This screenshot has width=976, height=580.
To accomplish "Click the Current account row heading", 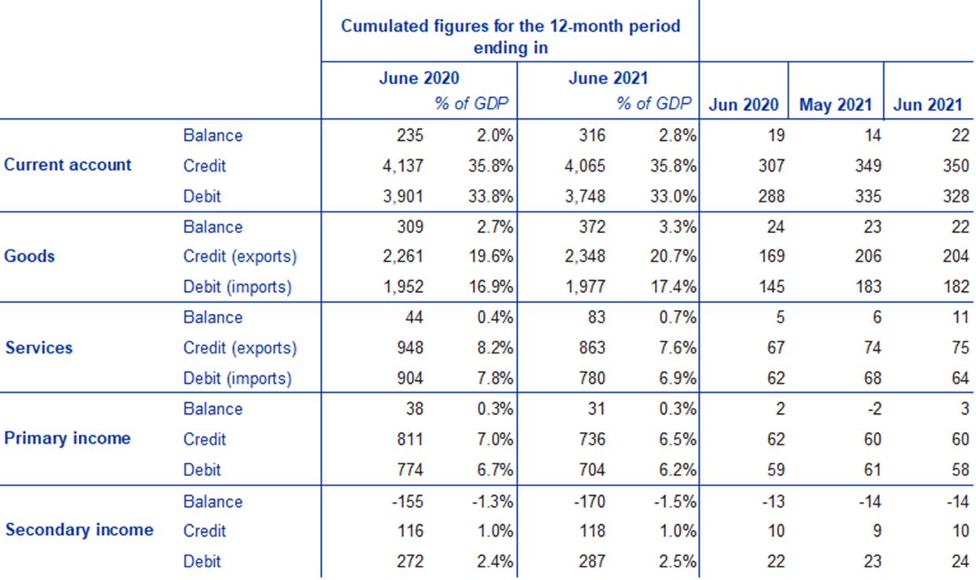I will (x=68, y=165).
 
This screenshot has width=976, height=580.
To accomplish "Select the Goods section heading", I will (x=30, y=257).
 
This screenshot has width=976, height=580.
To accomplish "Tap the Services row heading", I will (x=39, y=348).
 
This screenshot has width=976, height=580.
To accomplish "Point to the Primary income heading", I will (x=68, y=438).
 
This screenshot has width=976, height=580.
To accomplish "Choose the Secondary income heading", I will (x=79, y=530).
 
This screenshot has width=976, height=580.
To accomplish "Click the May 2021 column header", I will (x=835, y=105).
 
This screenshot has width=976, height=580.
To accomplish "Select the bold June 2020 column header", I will (x=419, y=79).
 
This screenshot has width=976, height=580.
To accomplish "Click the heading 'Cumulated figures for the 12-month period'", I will (x=510, y=26).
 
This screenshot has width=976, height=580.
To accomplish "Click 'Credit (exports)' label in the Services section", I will (x=240, y=348).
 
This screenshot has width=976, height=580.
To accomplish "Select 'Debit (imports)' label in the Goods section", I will (x=237, y=287).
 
